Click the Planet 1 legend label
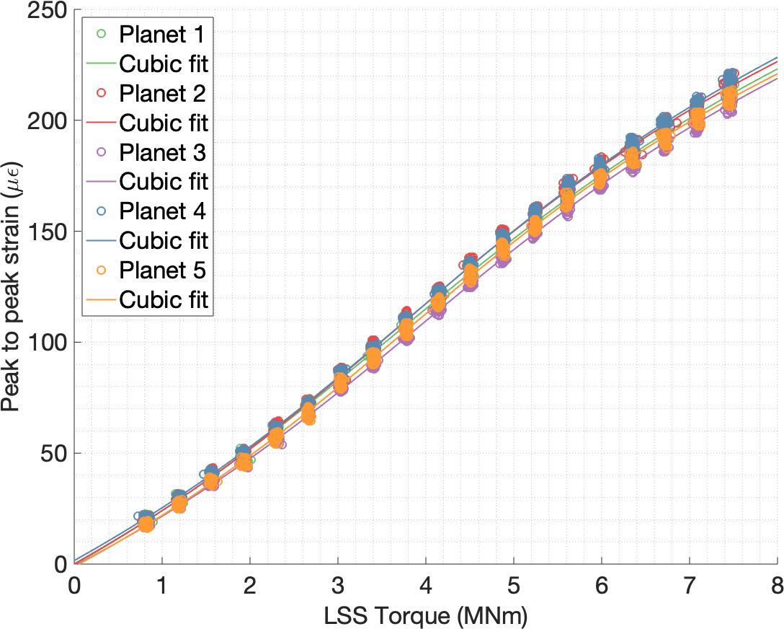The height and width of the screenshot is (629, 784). click(x=163, y=34)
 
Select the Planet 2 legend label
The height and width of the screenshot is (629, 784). click(x=163, y=93)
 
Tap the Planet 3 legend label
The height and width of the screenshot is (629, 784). click(x=163, y=152)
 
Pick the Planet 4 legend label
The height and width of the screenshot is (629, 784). click(x=163, y=211)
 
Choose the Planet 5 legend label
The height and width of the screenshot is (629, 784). click(x=163, y=270)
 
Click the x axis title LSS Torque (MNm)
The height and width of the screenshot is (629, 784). click(x=426, y=615)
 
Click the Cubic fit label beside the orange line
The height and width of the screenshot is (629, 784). click(x=164, y=300)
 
